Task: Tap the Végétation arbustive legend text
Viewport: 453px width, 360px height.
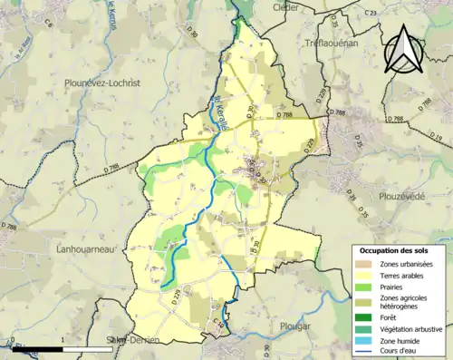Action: click(413, 329)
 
